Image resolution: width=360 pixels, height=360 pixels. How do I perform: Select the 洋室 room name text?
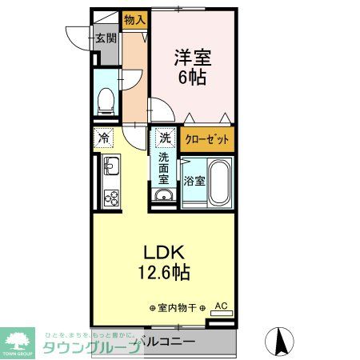point(192,58)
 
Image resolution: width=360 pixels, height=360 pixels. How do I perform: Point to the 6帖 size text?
point(192,78)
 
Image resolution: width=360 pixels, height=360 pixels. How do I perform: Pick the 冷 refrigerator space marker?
point(104,138)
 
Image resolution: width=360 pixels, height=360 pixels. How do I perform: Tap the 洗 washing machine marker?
point(164,138)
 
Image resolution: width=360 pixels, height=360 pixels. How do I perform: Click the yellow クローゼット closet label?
point(207,139)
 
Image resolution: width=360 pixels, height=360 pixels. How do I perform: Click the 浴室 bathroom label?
point(194,180)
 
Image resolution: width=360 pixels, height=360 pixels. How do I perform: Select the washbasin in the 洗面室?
point(163,197)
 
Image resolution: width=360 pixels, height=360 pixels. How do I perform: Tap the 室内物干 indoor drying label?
point(178,307)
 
